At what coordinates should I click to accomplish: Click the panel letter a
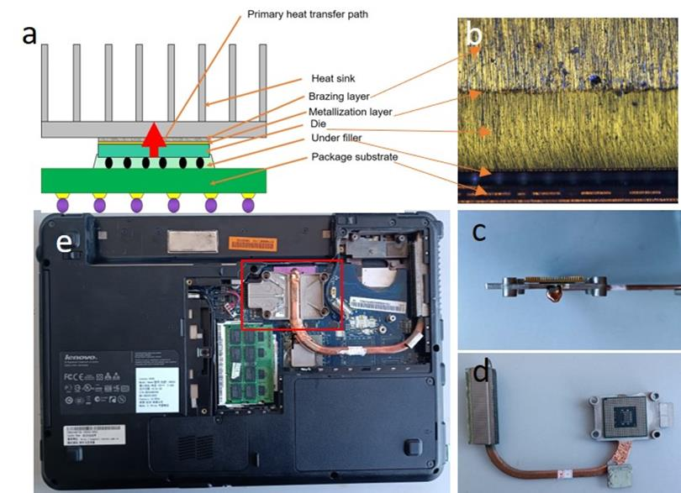(x=30, y=34)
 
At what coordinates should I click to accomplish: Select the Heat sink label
(x=335, y=78)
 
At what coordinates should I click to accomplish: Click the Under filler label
(x=341, y=139)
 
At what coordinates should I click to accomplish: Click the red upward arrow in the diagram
(x=152, y=138)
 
